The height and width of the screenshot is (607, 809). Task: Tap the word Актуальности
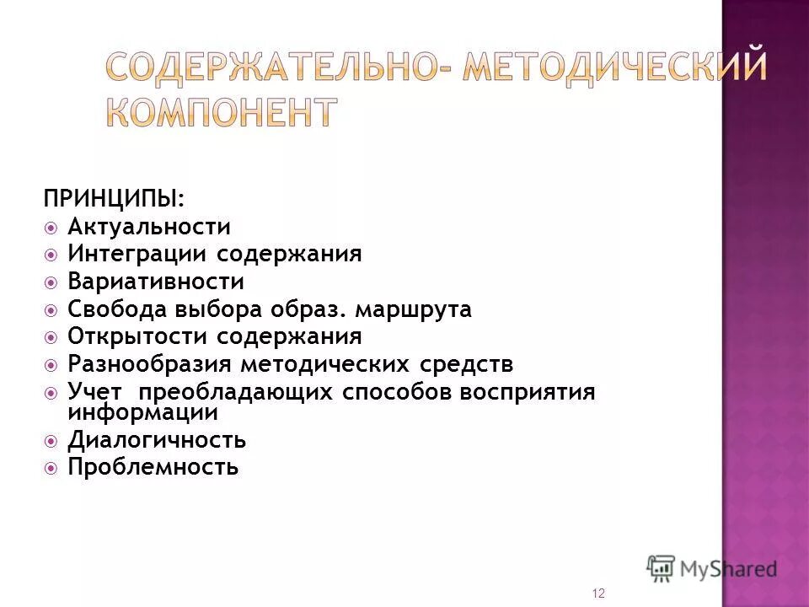(x=149, y=227)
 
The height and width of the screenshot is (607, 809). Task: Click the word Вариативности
(x=156, y=282)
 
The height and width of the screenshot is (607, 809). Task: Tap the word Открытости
(x=138, y=336)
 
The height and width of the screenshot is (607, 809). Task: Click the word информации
(x=143, y=413)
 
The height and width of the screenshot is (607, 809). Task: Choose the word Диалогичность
(x=157, y=440)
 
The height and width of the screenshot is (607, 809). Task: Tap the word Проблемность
(x=153, y=466)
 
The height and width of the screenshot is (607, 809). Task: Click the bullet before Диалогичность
(x=52, y=441)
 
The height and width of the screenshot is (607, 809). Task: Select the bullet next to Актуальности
(x=52, y=228)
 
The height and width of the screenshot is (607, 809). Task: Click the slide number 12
(x=598, y=594)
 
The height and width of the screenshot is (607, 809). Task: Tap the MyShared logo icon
(x=661, y=568)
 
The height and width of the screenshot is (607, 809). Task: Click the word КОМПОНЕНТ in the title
(x=222, y=111)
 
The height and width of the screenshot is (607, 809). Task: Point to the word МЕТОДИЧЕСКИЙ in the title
(x=615, y=66)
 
